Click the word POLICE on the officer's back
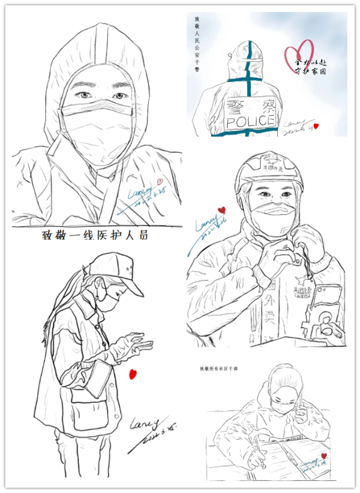pyautogui.click(x=251, y=122)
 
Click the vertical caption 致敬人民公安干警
pyautogui.click(x=197, y=54)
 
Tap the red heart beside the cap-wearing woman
pyautogui.click(x=133, y=374)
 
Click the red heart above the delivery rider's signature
pyautogui.click(x=222, y=210)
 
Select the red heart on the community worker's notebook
pyautogui.click(x=324, y=456)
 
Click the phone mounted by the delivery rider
pyautogui.click(x=328, y=300)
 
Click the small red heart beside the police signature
pyautogui.click(x=316, y=126)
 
